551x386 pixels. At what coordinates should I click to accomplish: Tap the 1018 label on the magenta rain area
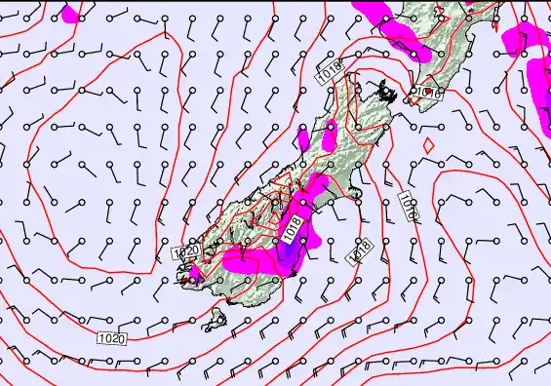[x=292, y=229]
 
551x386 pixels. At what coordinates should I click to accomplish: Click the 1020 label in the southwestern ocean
[x=112, y=338]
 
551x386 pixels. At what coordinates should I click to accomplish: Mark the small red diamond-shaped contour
[x=428, y=144]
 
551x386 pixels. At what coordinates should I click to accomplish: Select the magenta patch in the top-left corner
[x=70, y=14]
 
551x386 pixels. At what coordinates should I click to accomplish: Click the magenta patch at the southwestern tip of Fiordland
[x=192, y=282]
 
